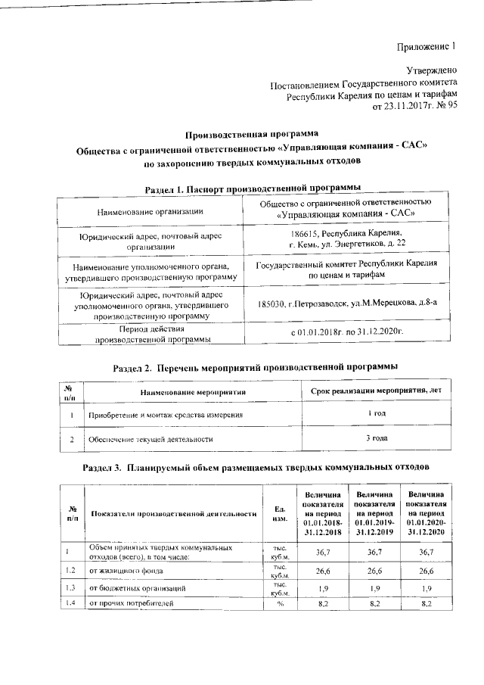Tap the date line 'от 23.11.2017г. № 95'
click(x=415, y=107)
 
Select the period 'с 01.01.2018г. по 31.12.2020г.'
click(x=346, y=332)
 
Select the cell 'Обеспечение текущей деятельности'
click(x=150, y=438)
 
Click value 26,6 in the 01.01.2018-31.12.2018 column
click(x=322, y=571)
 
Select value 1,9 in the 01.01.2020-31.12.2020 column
click(x=425, y=588)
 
